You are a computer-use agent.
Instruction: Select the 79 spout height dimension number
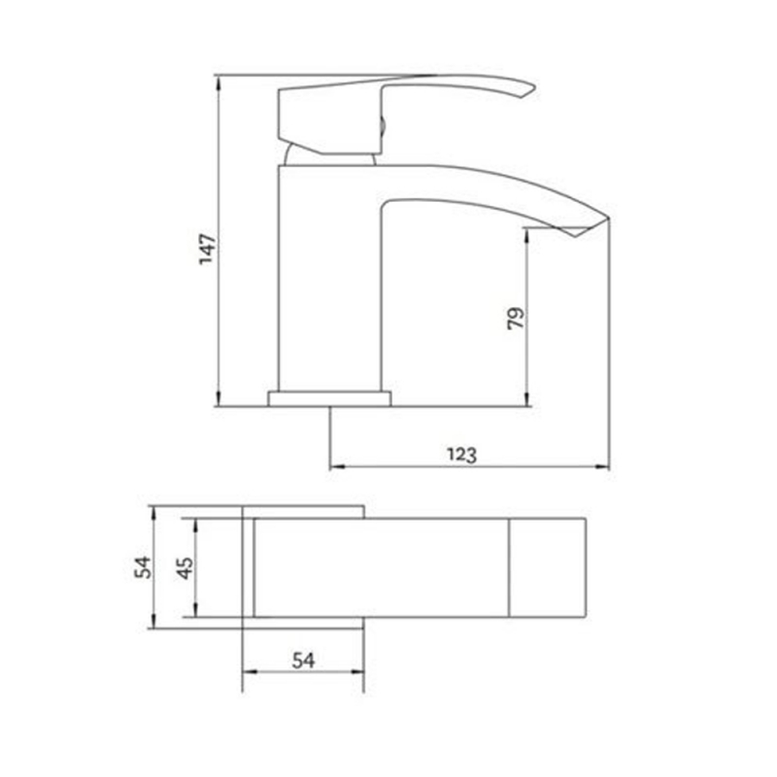(516, 319)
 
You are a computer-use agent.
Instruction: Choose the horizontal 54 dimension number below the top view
(304, 659)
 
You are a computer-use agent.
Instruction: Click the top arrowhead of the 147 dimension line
(219, 78)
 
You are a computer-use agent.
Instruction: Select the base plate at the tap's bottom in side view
(329, 398)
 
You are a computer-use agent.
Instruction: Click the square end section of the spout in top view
(547, 567)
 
